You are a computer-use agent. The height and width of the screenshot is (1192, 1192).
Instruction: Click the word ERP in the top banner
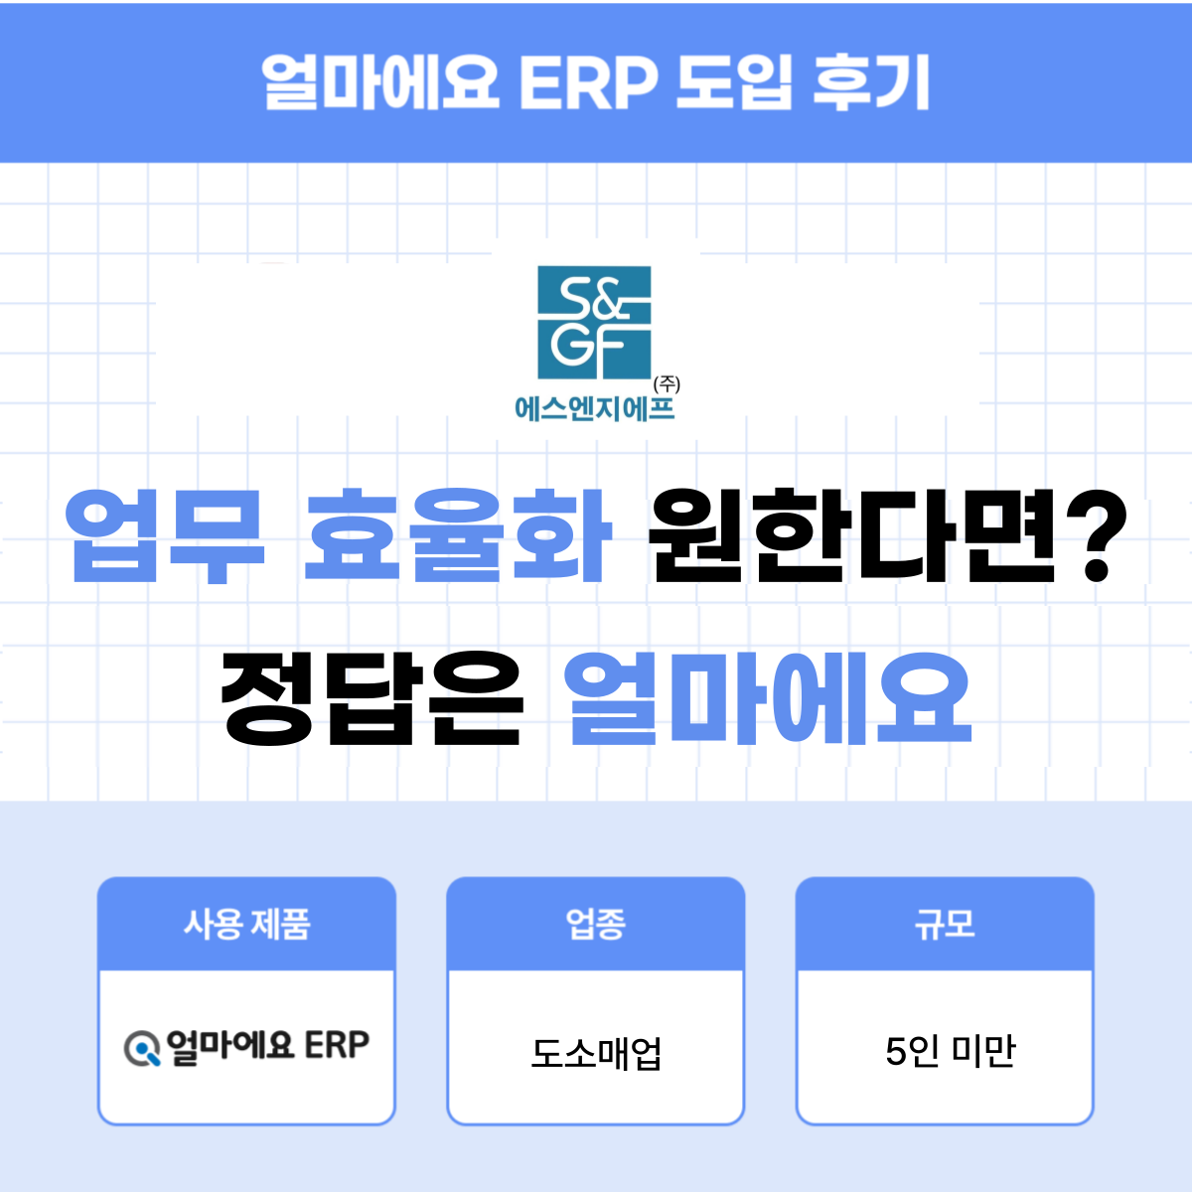pyautogui.click(x=588, y=81)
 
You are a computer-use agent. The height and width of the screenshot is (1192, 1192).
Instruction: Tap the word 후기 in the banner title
pyautogui.click(x=871, y=81)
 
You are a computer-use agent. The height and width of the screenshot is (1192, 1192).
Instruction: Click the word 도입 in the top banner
pyautogui.click(x=734, y=81)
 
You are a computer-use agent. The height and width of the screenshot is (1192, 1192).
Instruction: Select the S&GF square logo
pyautogui.click(x=594, y=322)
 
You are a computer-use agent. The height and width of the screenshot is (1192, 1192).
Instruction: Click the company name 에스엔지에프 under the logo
pyautogui.click(x=594, y=408)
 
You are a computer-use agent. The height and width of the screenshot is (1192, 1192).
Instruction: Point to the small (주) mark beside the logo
pyautogui.click(x=667, y=383)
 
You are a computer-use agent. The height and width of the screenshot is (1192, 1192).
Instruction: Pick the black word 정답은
pyautogui.click(x=372, y=697)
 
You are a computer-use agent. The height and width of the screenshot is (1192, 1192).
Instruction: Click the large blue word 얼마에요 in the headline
pyautogui.click(x=768, y=697)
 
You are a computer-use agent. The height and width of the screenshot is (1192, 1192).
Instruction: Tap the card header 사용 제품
pyautogui.click(x=246, y=924)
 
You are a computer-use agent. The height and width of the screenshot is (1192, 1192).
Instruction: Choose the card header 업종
pyautogui.click(x=595, y=924)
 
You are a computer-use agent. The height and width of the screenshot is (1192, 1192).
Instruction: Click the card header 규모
pyautogui.click(x=945, y=924)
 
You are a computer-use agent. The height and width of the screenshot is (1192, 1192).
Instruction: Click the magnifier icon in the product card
pyautogui.click(x=142, y=1048)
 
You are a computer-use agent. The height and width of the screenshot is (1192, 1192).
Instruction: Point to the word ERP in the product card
pyautogui.click(x=337, y=1046)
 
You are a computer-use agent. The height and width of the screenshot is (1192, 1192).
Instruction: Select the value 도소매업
pyautogui.click(x=595, y=1052)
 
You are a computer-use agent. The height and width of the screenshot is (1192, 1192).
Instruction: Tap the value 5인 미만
pyautogui.click(x=950, y=1050)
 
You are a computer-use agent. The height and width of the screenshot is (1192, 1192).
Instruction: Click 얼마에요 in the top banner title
pyautogui.click(x=380, y=81)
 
